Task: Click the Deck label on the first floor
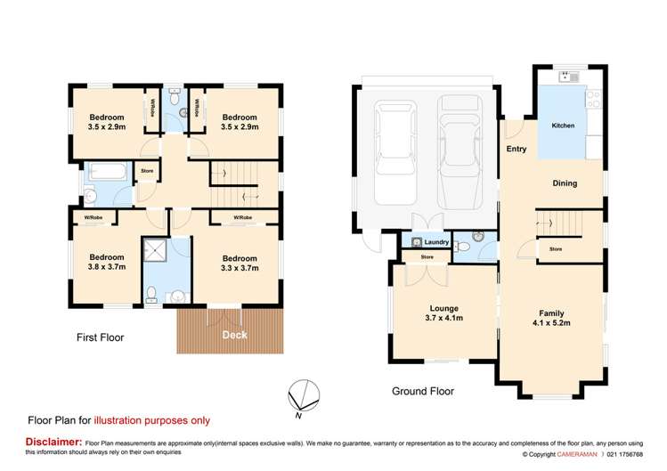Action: (x=234, y=335)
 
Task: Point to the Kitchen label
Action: (x=563, y=126)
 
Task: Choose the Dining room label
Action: (x=565, y=183)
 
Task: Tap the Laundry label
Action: (x=435, y=242)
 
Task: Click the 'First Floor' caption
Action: (x=100, y=337)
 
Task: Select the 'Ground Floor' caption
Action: (x=423, y=391)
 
